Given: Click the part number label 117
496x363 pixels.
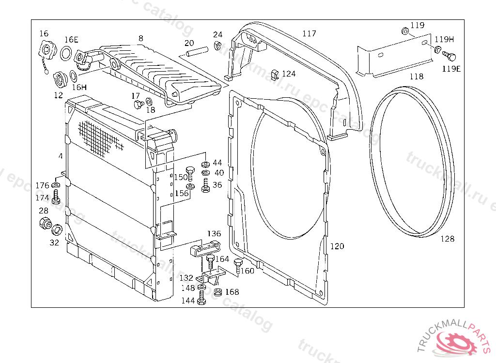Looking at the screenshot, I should (x=309, y=33).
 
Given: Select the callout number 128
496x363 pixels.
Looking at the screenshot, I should (x=448, y=239).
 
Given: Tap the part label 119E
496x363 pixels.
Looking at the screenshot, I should (x=451, y=69).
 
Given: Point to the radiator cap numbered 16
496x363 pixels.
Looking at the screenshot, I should (x=46, y=50).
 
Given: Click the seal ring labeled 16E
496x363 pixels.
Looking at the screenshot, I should (x=67, y=53).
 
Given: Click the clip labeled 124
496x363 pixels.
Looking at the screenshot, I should (x=275, y=74).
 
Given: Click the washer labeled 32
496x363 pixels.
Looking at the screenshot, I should (x=57, y=229).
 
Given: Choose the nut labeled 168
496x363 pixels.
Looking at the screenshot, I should (x=217, y=292).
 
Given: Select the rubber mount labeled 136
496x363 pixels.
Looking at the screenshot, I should (x=205, y=248).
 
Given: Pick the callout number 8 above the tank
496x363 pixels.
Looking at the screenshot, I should (x=140, y=38).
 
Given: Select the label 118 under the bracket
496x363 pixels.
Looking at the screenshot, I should (x=416, y=76).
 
